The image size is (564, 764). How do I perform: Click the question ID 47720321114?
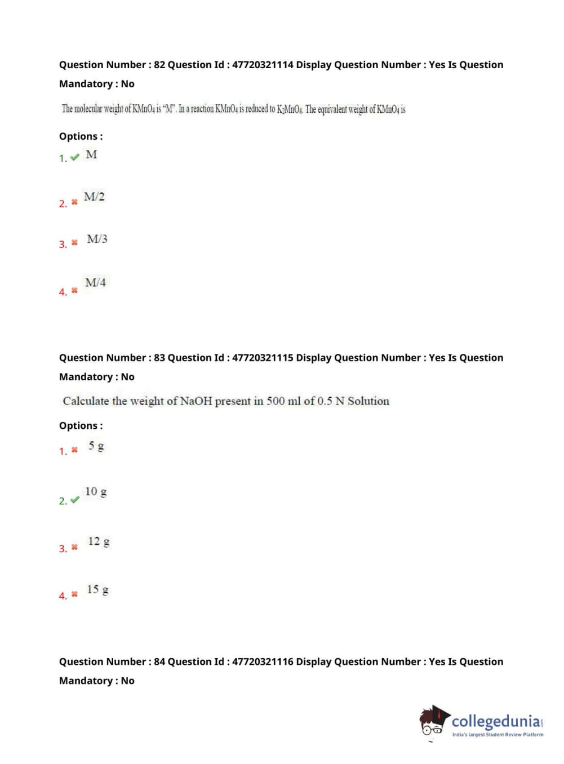263,65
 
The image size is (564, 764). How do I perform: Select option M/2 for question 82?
94,197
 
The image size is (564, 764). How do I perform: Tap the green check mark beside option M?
75,157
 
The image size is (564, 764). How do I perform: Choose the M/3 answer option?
97,239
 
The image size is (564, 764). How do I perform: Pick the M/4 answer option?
95,282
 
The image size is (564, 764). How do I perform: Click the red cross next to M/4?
74,291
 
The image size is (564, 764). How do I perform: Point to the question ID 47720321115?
263,358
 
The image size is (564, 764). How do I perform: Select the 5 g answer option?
96,446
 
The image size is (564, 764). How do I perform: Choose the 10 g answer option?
96,491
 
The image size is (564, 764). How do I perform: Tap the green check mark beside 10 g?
75,500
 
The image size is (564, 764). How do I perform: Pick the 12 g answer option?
99,541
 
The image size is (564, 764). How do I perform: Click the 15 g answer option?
97,589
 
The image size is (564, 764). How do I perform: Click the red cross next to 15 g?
74,594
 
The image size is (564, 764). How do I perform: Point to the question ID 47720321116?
263,661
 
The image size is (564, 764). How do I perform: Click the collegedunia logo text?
496,721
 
